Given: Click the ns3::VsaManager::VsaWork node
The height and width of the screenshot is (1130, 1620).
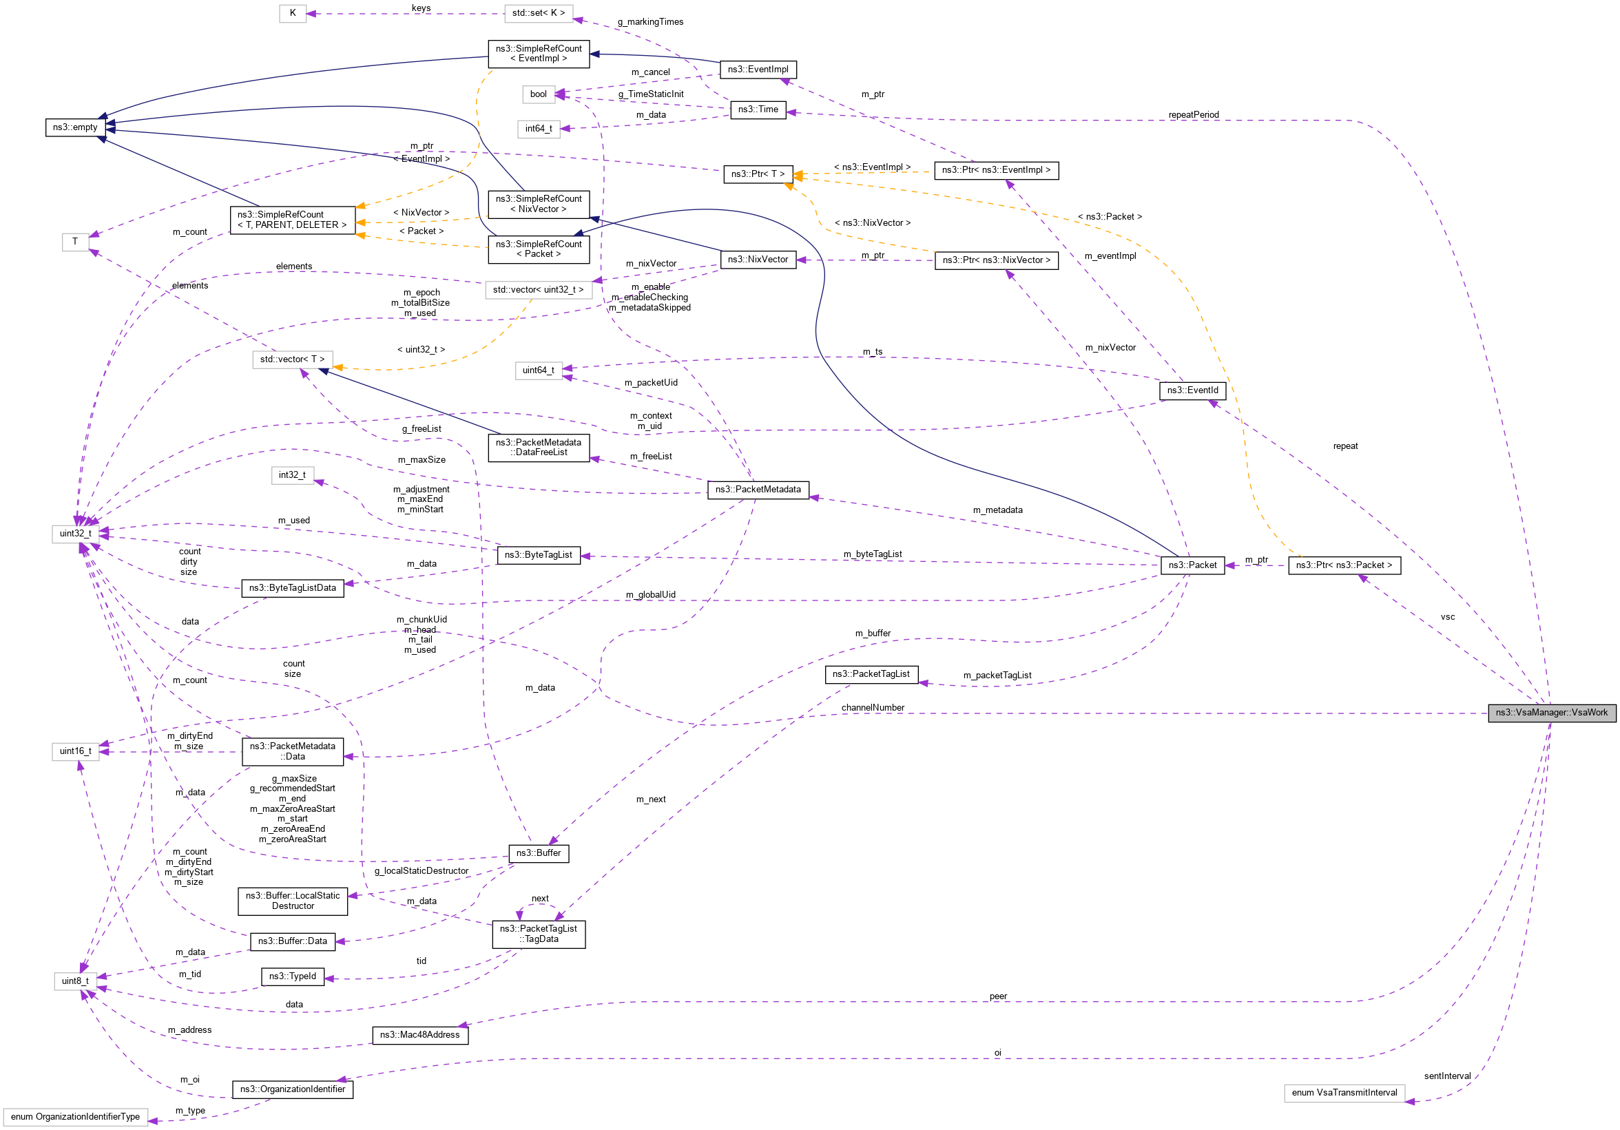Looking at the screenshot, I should (x=1551, y=713).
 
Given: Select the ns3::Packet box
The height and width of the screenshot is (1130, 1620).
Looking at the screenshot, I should (x=1192, y=565).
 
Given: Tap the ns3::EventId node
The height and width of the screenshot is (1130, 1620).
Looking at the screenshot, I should (x=1192, y=390).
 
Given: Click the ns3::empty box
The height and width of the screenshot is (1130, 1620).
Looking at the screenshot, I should (x=75, y=127).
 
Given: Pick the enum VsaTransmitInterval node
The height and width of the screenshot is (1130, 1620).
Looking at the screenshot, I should (x=1343, y=1093).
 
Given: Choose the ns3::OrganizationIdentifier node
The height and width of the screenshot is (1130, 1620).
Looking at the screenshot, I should (x=292, y=1089).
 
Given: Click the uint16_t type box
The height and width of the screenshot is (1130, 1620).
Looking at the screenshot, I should (x=75, y=751).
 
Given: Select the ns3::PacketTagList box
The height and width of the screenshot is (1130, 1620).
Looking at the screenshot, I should (x=871, y=674).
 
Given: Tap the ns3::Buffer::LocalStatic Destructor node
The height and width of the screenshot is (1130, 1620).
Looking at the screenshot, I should (x=292, y=901).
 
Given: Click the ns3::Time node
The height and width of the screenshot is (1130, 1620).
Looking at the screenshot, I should (x=758, y=109).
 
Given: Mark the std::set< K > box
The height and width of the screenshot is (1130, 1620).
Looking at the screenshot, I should (x=538, y=12).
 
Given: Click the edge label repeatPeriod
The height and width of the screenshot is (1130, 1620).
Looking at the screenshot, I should (x=1193, y=115).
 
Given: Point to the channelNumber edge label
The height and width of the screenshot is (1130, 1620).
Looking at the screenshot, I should (x=872, y=707).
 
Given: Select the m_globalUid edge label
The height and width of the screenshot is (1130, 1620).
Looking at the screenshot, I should (x=650, y=595).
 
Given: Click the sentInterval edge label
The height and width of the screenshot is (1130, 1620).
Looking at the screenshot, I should (x=1447, y=1076).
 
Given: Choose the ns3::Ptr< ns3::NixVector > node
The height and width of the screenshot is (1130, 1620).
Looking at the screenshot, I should (x=995, y=260).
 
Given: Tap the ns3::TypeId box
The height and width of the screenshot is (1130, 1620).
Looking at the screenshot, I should (x=292, y=976).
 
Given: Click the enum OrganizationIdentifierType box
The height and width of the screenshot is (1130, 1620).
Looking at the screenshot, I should (x=75, y=1117).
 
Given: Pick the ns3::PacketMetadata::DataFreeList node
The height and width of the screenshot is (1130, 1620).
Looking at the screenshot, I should (x=538, y=447).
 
